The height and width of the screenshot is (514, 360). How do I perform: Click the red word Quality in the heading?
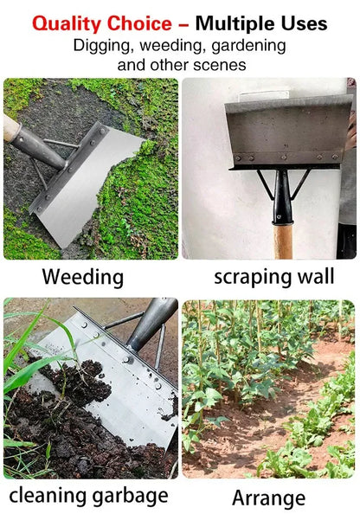tap(68, 23)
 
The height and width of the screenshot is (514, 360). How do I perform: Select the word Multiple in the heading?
tap(241, 23)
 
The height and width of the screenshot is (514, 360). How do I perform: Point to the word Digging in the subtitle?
tap(101, 45)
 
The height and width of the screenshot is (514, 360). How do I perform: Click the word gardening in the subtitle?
tap(245, 45)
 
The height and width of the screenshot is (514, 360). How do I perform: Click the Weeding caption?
tap(83, 278)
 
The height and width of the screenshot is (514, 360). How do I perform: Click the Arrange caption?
tap(268, 498)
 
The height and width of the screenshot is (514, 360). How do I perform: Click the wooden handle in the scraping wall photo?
tap(283, 241)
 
